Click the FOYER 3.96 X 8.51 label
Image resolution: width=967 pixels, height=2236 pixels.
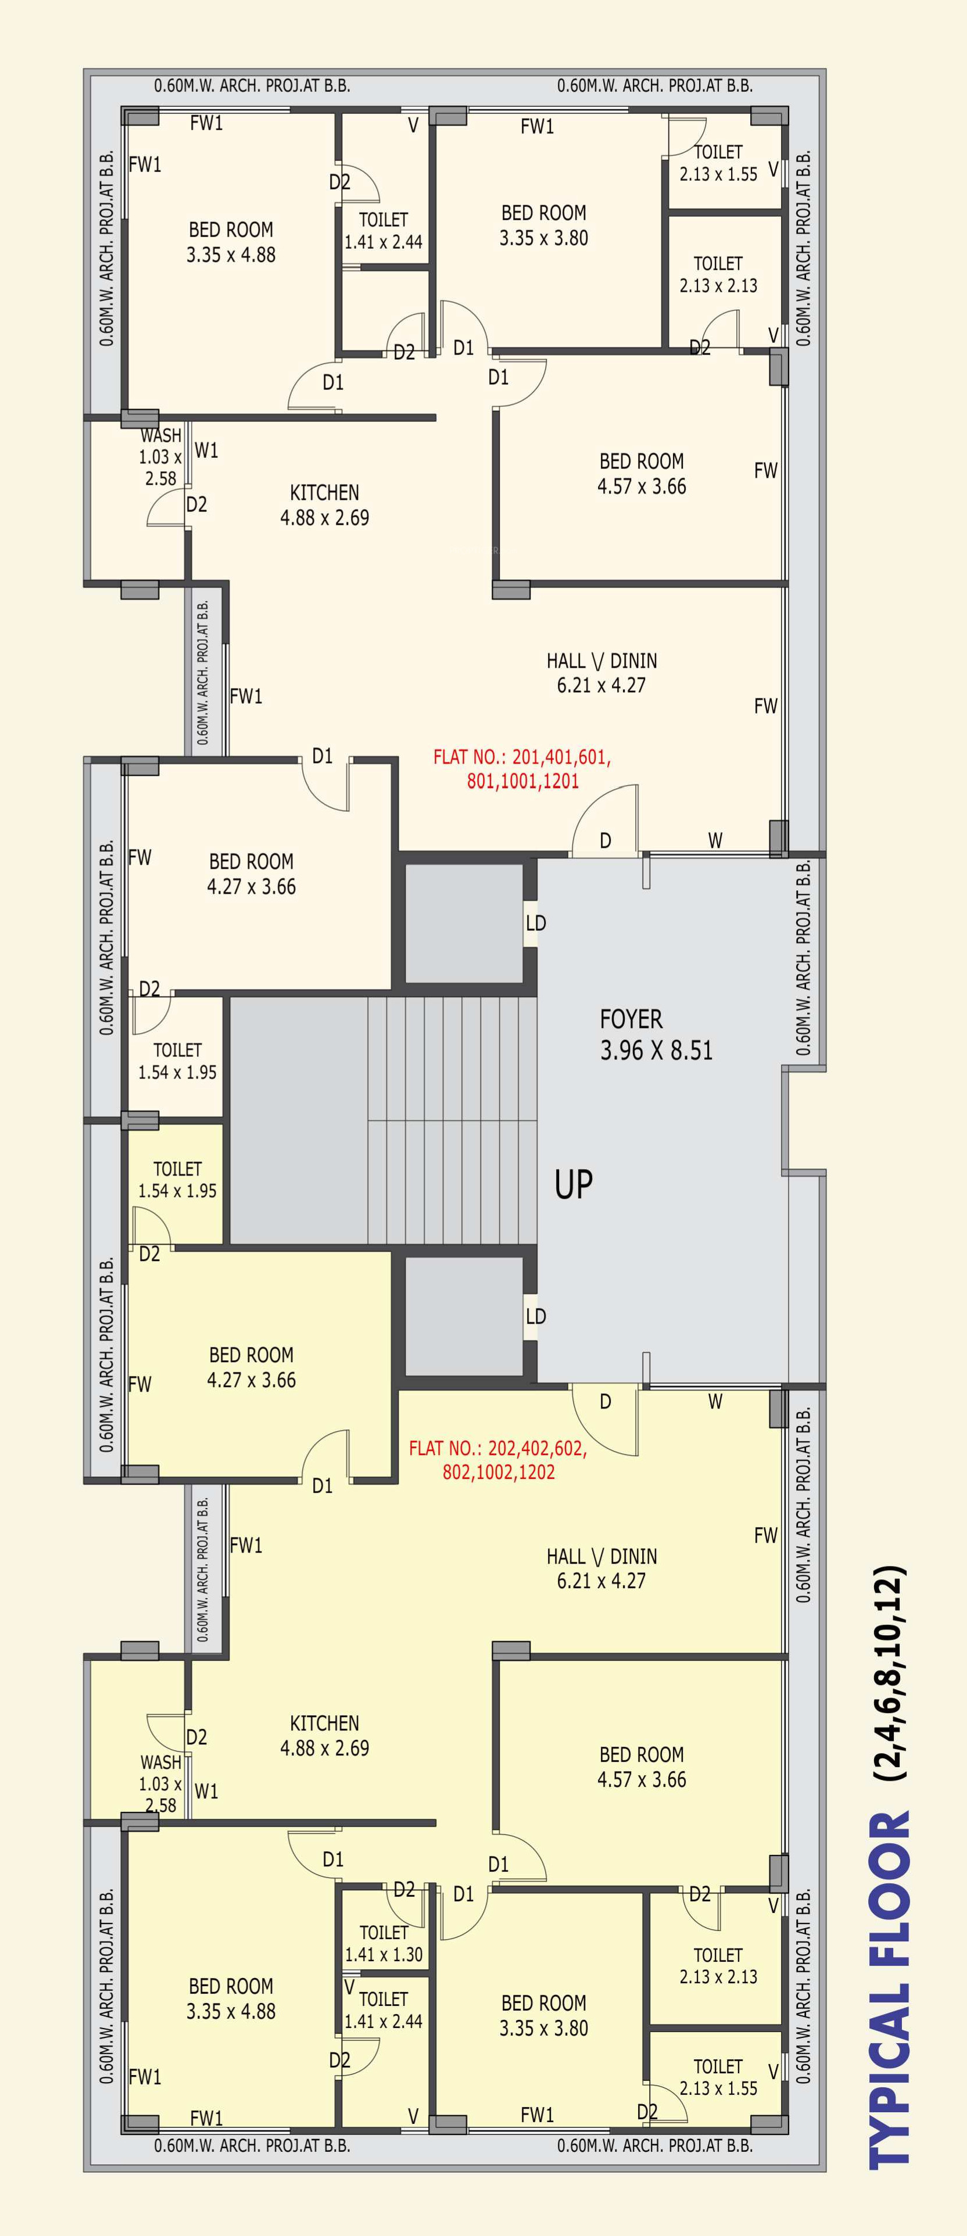pos(656,1035)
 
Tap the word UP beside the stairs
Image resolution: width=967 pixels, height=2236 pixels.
pos(574,1185)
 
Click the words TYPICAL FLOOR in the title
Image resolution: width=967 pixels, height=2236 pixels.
pos(889,1988)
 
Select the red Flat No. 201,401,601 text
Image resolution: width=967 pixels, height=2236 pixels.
pos(522,769)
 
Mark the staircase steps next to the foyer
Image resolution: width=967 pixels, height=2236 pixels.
pos(452,1120)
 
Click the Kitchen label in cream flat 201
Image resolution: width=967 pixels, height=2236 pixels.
pos(325,505)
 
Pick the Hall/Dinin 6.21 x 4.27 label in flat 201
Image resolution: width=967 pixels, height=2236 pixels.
pos(601,673)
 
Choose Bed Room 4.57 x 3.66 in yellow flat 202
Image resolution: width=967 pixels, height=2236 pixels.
pos(642,1767)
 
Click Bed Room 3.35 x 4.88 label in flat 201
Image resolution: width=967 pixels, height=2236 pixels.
pos(231,242)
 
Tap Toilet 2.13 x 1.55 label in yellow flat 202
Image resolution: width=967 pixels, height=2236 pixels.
pos(719,2077)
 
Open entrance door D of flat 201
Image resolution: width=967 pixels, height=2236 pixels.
pos(605,820)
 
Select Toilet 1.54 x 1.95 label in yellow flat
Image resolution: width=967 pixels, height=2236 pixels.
pos(177,1180)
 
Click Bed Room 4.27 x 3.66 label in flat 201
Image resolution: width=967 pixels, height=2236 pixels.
pos(252,874)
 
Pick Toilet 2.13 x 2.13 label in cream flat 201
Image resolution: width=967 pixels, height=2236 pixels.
pos(719,274)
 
